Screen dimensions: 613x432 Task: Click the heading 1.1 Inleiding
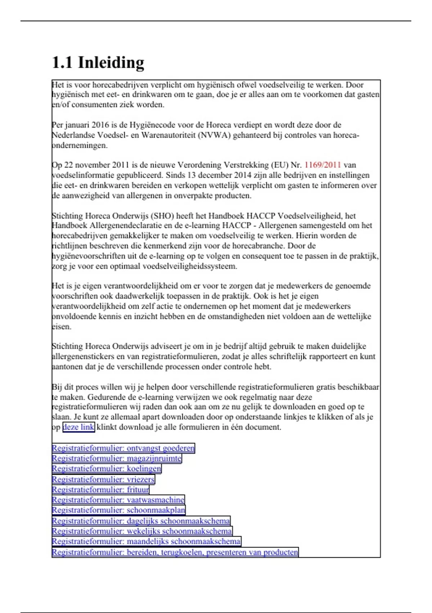coord(98,62)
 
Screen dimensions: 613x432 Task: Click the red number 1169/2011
coord(323,165)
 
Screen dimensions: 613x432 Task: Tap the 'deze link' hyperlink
coord(78,427)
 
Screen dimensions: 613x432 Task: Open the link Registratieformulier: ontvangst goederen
coord(123,448)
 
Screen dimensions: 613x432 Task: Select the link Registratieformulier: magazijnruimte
coord(117,459)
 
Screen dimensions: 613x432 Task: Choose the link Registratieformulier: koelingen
coord(107,469)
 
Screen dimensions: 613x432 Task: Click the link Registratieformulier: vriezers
coord(103,479)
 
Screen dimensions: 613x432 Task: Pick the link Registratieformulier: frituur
coord(100,490)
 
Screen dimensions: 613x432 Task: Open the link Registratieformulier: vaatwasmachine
coord(118,500)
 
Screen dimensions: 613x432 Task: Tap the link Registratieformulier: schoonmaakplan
coord(118,510)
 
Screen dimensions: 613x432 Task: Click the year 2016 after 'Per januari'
coord(100,125)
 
